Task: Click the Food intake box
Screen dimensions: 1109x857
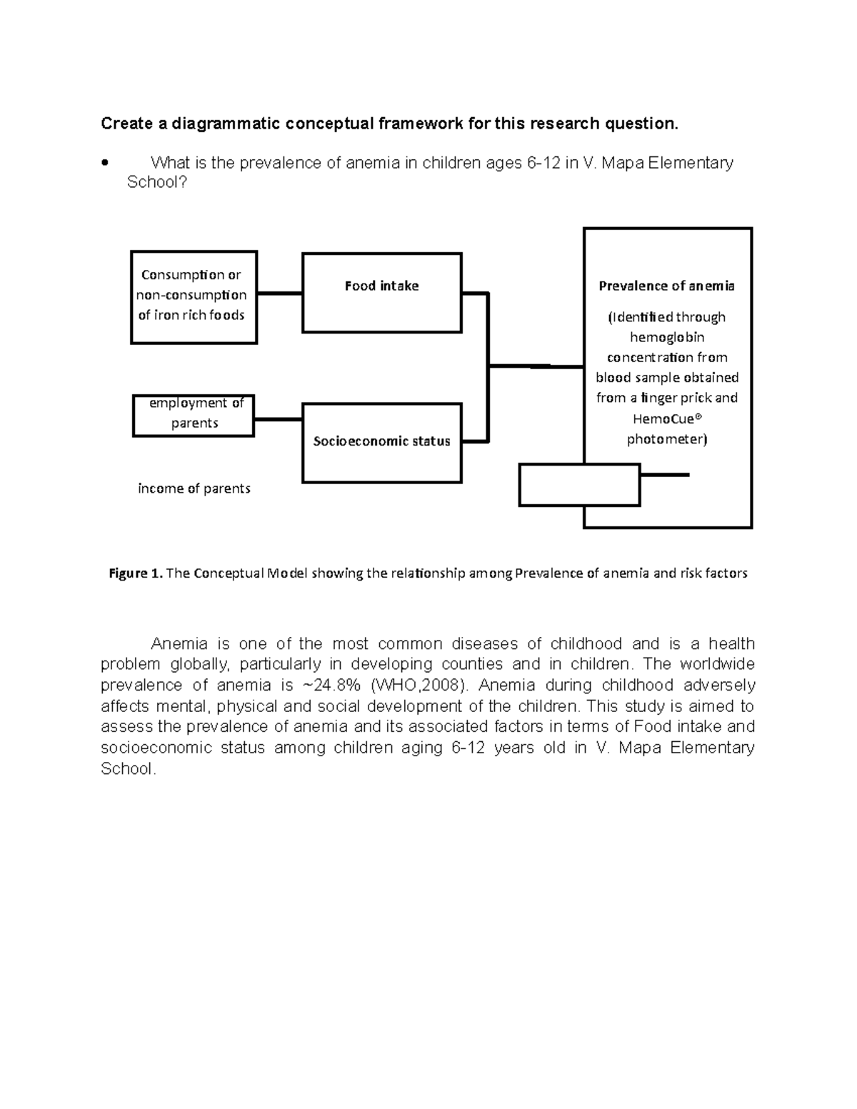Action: click(381, 293)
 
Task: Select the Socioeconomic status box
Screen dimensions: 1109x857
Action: click(381, 443)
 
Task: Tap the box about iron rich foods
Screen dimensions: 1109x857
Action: click(194, 297)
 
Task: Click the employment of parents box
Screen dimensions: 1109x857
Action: click(194, 415)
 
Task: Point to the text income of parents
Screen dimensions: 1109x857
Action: click(194, 489)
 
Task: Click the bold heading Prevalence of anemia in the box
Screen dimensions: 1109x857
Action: click(666, 286)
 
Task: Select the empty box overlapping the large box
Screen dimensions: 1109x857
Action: click(578, 485)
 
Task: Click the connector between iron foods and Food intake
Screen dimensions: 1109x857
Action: click(279, 293)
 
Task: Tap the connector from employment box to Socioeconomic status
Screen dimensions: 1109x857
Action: click(278, 419)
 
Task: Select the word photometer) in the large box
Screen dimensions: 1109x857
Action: click(667, 440)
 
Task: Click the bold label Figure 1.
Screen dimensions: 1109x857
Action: click(135, 573)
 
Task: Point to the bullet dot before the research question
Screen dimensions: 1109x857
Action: click(105, 163)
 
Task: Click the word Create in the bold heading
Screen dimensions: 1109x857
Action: click(126, 124)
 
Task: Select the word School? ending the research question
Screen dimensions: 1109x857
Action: click(156, 183)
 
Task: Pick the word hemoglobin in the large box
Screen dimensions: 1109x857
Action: click(667, 337)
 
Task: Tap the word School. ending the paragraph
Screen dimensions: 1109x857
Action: click(128, 769)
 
